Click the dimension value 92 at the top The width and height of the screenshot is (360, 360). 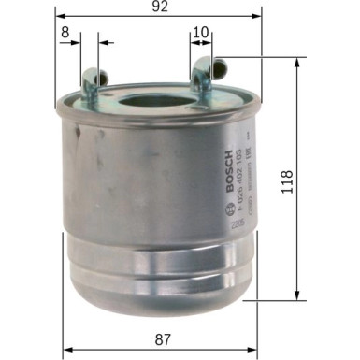161,8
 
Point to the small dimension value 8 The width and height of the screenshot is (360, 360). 65,32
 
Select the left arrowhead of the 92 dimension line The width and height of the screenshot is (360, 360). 59,17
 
